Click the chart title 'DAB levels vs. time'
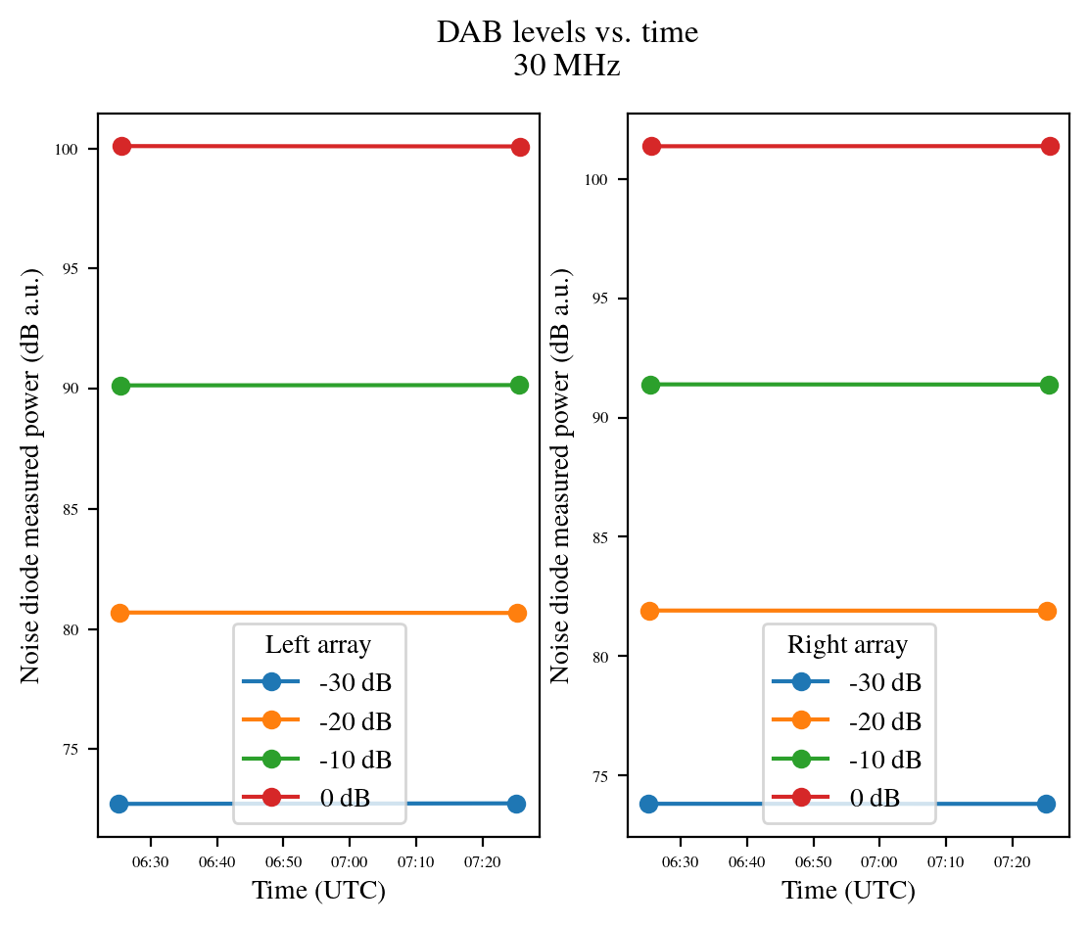tap(567, 33)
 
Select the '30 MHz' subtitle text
tap(567, 68)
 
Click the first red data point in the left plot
tap(121, 146)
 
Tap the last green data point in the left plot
tap(519, 385)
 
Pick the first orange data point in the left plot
tap(120, 613)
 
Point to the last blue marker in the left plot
tap(516, 804)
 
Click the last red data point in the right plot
tap(1050, 146)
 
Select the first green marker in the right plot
tap(650, 385)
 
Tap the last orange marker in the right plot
tap(1047, 611)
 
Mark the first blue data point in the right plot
tap(648, 804)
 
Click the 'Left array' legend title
tap(318, 645)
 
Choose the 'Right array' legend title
tap(848, 645)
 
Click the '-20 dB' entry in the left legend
tap(355, 721)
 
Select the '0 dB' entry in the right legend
tap(875, 798)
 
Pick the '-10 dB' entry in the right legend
tap(885, 760)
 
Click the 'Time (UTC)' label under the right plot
tap(848, 891)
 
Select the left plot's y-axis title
tap(31, 475)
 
